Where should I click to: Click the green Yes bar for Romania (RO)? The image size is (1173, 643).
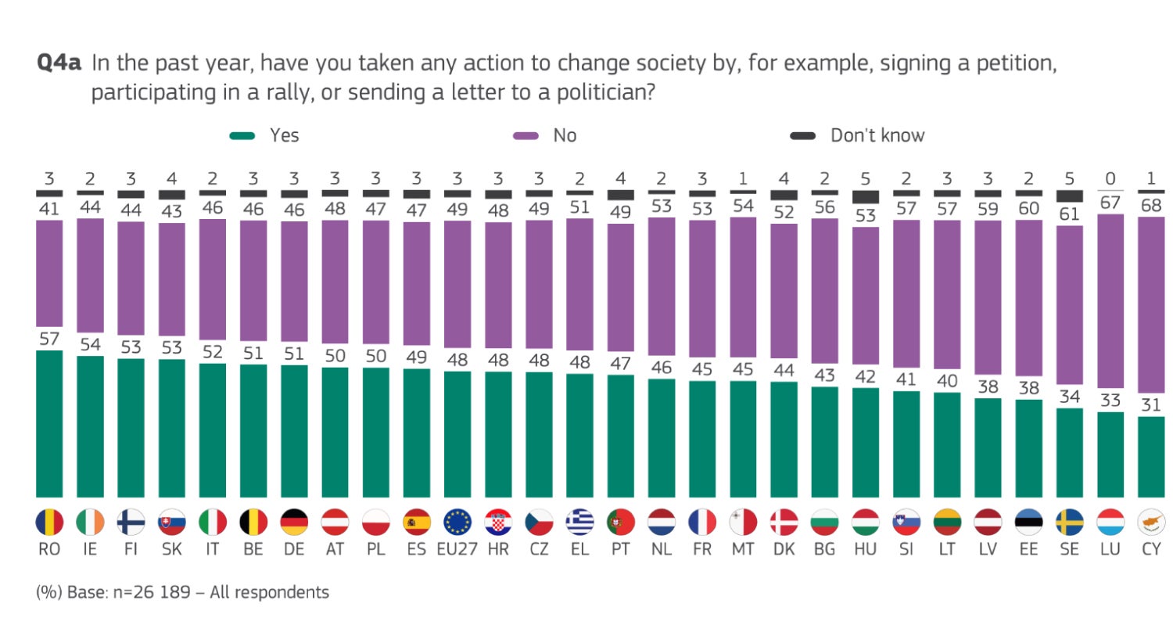(49, 424)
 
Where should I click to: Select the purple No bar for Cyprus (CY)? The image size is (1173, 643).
(1150, 305)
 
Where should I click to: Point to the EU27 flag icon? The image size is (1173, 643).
(457, 523)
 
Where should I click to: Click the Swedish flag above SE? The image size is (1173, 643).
(1069, 523)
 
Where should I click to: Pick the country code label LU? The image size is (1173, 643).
(1110, 549)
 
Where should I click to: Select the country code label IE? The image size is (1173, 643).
(90, 549)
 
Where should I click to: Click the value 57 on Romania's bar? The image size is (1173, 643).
(49, 339)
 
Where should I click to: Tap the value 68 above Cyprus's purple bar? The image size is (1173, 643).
(1150, 205)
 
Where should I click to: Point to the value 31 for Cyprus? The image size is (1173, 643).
(1150, 404)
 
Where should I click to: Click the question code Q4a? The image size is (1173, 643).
(59, 63)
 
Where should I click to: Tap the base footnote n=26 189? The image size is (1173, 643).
(152, 592)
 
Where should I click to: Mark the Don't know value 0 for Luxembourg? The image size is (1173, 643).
(1110, 179)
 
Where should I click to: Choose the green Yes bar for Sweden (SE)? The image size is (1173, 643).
(1069, 453)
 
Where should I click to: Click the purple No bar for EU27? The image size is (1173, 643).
(457, 283)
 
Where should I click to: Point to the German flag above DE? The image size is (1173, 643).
(294, 523)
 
